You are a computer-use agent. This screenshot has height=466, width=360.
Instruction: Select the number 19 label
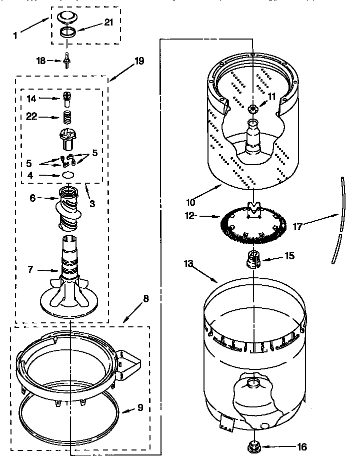tap(138, 61)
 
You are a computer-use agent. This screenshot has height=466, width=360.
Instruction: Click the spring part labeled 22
tap(67, 118)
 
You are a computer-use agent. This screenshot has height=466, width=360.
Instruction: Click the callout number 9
tap(140, 407)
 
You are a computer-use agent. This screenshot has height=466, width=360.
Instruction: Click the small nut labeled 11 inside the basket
tap(253, 108)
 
